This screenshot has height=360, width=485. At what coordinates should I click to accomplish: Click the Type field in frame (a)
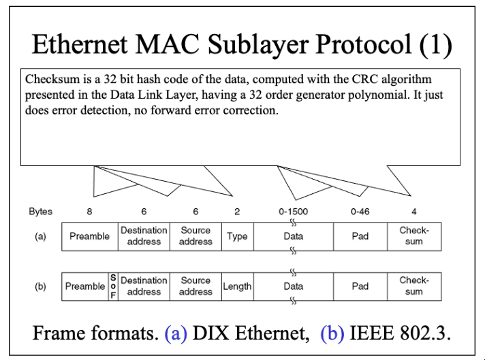pyautogui.click(x=237, y=236)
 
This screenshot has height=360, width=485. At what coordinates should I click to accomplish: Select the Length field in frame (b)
pyautogui.click(x=237, y=287)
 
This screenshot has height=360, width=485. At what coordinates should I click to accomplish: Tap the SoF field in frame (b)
pyautogui.click(x=113, y=287)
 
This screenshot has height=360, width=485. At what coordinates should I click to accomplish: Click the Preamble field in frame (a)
pyautogui.click(x=90, y=236)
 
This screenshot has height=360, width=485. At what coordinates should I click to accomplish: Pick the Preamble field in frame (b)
pyautogui.click(x=85, y=287)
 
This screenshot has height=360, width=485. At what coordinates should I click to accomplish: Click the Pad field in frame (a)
pyautogui.click(x=360, y=236)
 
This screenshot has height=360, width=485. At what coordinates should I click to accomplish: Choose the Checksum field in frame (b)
pyautogui.click(x=414, y=287)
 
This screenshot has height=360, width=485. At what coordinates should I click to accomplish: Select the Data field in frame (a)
pyautogui.click(x=294, y=236)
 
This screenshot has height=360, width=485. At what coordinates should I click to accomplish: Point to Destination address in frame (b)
pyautogui.click(x=144, y=287)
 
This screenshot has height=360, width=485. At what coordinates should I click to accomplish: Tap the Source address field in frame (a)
pyautogui.click(x=195, y=236)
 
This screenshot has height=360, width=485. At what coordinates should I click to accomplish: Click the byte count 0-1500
pyautogui.click(x=293, y=212)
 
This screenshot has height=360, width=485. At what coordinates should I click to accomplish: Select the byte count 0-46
pyautogui.click(x=360, y=212)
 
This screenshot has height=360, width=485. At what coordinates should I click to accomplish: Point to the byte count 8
pyautogui.click(x=89, y=212)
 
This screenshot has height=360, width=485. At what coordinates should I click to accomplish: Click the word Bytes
pyautogui.click(x=40, y=212)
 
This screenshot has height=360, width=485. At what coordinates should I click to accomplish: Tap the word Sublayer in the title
pyautogui.click(x=258, y=44)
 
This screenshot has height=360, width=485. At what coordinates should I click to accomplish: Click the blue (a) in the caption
pyautogui.click(x=176, y=333)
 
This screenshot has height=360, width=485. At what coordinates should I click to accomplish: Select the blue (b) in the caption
pyautogui.click(x=332, y=333)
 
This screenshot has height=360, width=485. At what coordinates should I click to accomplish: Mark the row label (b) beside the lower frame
pyautogui.click(x=40, y=287)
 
